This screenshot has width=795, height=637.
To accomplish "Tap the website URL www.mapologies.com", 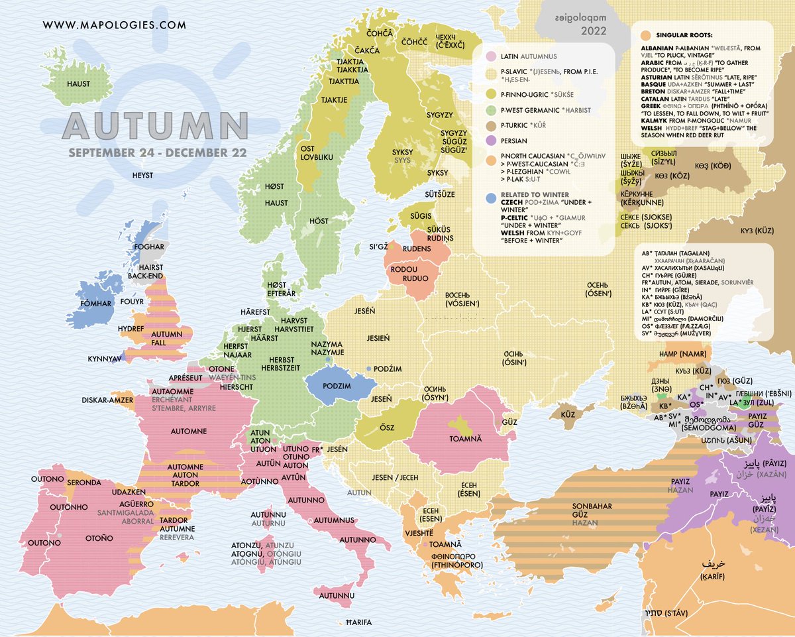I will coord(114,26).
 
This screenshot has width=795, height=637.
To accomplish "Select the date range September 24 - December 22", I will coord(156,152).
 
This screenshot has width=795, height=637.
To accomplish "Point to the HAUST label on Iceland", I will coord(78,84).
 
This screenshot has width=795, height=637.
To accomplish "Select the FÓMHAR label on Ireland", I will coord(97,303).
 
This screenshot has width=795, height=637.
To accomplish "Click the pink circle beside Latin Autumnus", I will coord(491,57).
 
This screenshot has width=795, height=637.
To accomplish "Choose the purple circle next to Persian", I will coord(491,141).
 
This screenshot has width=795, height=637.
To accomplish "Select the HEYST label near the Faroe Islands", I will coord(142,175).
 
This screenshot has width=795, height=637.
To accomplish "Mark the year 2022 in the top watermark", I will coord(593,30).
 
